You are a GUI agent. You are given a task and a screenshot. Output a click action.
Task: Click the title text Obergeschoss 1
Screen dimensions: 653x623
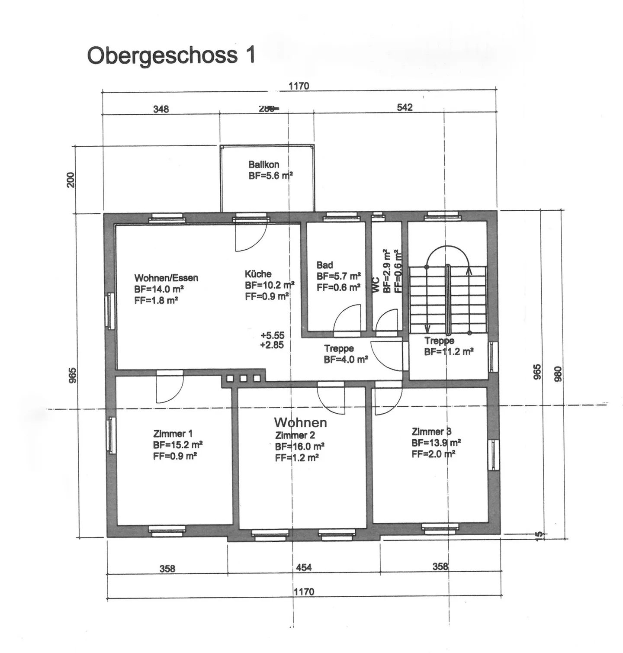pyautogui.click(x=171, y=55)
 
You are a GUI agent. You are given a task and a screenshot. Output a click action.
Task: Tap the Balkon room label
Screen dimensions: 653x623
pyautogui.click(x=263, y=164)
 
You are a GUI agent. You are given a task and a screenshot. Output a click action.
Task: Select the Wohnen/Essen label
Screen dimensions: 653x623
pyautogui.click(x=166, y=278)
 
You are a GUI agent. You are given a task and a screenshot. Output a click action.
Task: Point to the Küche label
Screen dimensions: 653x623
pyautogui.click(x=258, y=274)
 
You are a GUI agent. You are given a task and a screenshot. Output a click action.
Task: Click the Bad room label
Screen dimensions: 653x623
pyautogui.click(x=324, y=265)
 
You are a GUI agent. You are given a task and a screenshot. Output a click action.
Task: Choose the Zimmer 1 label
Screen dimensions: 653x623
pyautogui.click(x=173, y=434)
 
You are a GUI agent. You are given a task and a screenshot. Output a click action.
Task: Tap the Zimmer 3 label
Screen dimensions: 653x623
pyautogui.click(x=431, y=431)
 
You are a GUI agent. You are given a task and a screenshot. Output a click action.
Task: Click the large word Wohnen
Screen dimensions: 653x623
pyautogui.click(x=300, y=422)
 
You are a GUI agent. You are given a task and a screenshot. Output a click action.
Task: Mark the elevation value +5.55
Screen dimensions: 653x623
pyautogui.click(x=273, y=335)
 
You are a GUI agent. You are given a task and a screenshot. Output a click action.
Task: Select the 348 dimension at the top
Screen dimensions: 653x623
pyautogui.click(x=161, y=109)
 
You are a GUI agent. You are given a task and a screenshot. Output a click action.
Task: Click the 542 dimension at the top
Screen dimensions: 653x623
pyautogui.click(x=405, y=107)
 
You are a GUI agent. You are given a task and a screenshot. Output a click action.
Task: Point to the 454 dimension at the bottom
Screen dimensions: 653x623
pyautogui.click(x=304, y=567)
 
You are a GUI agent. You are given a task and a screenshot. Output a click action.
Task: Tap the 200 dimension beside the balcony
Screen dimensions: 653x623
pyautogui.click(x=71, y=180)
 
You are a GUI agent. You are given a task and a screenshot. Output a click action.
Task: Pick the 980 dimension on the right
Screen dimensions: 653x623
pyautogui.click(x=558, y=373)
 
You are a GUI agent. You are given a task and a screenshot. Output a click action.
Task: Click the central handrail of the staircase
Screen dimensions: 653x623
pyautogui.click(x=449, y=299)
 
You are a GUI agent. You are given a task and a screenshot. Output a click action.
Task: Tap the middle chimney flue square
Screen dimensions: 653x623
pyautogui.click(x=243, y=379)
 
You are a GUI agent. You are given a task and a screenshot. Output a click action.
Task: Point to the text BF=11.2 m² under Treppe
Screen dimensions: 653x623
pyautogui.click(x=449, y=352)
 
